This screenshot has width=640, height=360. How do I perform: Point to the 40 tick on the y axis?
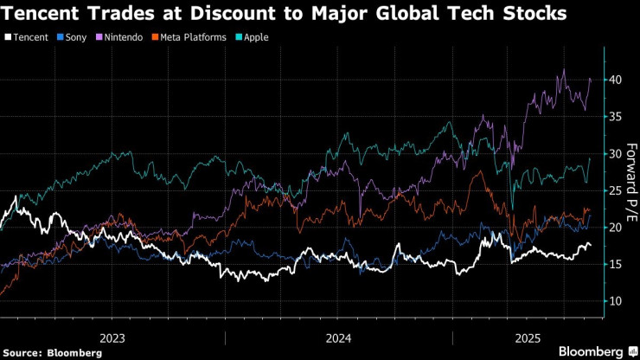(x=614, y=80)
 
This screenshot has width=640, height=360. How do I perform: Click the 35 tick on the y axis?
(x=614, y=117)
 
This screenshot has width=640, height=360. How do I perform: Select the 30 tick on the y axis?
(x=614, y=154)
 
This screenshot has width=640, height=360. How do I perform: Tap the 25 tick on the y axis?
(x=614, y=190)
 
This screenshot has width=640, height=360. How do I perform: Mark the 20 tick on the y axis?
(x=614, y=228)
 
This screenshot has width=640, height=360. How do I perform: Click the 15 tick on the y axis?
(x=614, y=265)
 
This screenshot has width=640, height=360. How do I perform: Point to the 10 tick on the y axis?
(x=614, y=301)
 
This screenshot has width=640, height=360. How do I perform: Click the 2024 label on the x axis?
(x=338, y=338)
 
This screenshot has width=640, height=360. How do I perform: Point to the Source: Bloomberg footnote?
(x=53, y=352)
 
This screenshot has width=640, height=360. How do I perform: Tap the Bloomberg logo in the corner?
(x=597, y=350)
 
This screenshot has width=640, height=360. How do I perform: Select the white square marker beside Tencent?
(x=8, y=37)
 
